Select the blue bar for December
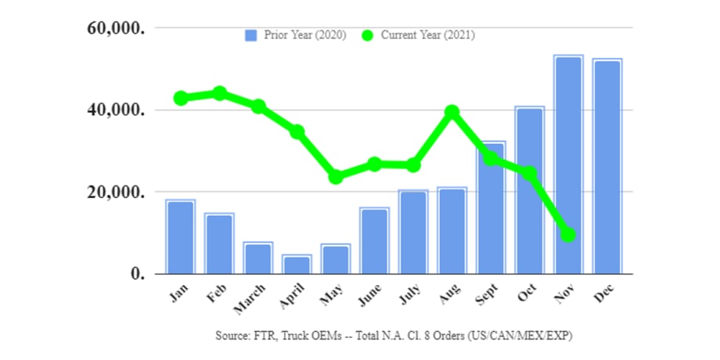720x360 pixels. click(607, 166)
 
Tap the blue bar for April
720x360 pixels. click(297, 264)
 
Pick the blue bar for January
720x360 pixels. click(181, 236)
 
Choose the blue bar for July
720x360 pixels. click(413, 232)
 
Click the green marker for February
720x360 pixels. click(220, 93)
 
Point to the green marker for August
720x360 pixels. click(452, 112)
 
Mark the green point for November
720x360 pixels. click(568, 234)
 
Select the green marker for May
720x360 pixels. click(336, 177)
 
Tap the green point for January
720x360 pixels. click(181, 98)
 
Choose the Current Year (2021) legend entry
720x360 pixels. click(419, 35)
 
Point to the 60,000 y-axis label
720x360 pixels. click(115, 29)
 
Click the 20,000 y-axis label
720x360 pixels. click(115, 193)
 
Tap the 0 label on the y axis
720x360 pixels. click(138, 274)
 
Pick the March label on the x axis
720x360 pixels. click(254, 297)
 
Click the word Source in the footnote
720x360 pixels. click(232, 335)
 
